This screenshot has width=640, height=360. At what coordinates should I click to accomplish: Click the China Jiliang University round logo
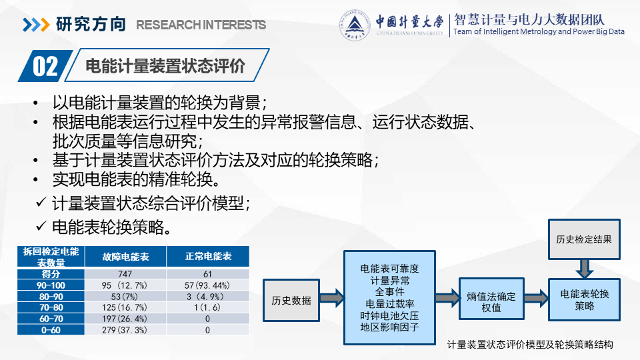pyautogui.click(x=355, y=25)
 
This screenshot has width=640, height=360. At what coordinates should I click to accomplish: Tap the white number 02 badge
pyautogui.click(x=45, y=66)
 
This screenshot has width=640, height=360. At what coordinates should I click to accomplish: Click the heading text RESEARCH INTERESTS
pyautogui.click(x=201, y=25)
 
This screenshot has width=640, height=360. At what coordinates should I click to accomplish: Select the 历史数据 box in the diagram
pyautogui.click(x=291, y=301)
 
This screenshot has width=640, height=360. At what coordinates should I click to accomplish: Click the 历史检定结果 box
pyautogui.click(x=584, y=239)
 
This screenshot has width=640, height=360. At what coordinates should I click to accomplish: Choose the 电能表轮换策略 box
pyautogui.click(x=584, y=299)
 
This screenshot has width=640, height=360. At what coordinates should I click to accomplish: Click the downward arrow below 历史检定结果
pyautogui.click(x=585, y=269)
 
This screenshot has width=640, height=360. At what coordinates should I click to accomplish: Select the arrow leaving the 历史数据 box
pyautogui.click(x=332, y=298)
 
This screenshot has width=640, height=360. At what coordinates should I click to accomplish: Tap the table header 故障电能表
pyautogui.click(x=125, y=257)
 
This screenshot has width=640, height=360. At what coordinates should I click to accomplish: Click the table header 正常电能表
pyautogui.click(x=208, y=256)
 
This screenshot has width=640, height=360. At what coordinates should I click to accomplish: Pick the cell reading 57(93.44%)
pyautogui.click(x=207, y=285)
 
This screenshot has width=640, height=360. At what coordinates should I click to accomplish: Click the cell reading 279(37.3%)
pyautogui.click(x=125, y=330)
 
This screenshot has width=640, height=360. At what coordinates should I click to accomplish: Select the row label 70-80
pyautogui.click(x=51, y=307)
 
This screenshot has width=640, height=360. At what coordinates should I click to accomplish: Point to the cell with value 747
pyautogui.click(x=125, y=274)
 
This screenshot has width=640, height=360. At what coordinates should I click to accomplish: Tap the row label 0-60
pyautogui.click(x=51, y=330)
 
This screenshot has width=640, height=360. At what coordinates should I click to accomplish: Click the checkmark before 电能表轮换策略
pyautogui.click(x=41, y=225)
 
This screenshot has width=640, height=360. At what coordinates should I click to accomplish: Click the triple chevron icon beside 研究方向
pyautogui.click(x=36, y=25)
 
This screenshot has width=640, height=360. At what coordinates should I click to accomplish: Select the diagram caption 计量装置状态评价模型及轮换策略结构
pyautogui.click(x=530, y=345)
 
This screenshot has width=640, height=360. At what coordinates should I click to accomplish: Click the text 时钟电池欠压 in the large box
pyautogui.click(x=389, y=315)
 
